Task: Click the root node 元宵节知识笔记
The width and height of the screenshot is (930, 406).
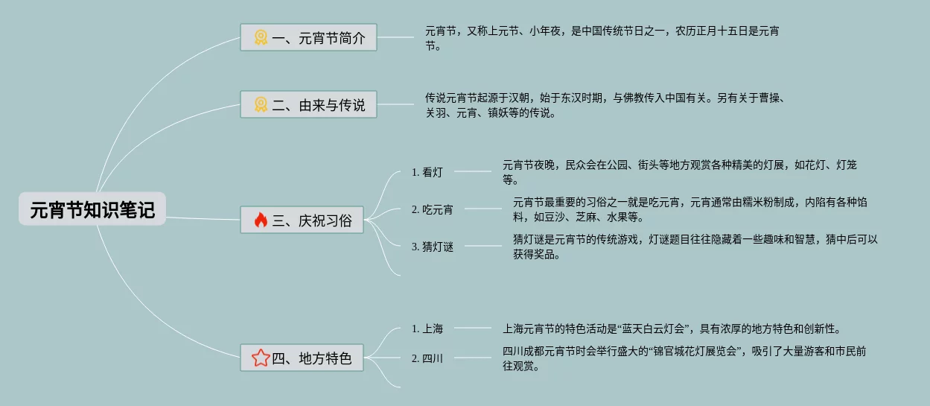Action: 92,209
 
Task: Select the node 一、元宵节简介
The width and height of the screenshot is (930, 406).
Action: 308,38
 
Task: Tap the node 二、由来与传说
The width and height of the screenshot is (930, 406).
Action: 308,105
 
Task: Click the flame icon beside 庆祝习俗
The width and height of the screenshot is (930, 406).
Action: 261,220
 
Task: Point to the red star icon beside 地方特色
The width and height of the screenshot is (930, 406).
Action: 261,358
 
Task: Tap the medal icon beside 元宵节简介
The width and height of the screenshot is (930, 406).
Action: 261,38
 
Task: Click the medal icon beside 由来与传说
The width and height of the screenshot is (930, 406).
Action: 261,105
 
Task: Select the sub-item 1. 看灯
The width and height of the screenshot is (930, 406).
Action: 427,172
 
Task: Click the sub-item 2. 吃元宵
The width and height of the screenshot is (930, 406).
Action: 432,209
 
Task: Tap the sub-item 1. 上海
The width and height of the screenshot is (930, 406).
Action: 427,329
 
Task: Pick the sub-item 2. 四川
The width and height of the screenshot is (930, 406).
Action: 427,358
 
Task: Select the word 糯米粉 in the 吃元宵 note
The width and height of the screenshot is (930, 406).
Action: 751,202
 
